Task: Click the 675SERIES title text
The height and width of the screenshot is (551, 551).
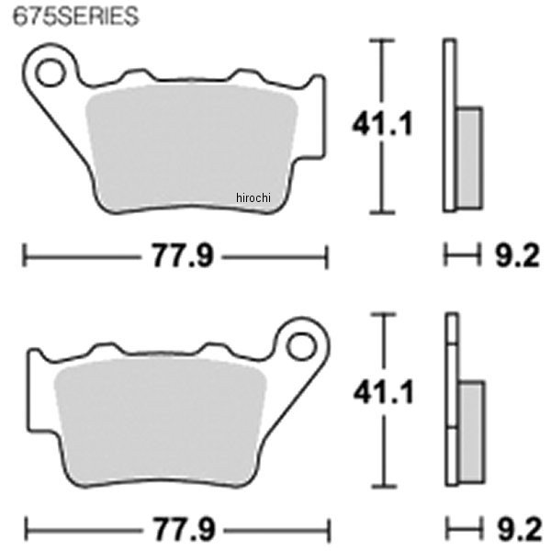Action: [x=75, y=17]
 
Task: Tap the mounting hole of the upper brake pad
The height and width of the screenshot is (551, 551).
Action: [x=51, y=73]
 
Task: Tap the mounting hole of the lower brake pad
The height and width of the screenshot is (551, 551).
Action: [x=301, y=346]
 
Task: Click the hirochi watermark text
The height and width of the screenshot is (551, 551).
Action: [x=253, y=197]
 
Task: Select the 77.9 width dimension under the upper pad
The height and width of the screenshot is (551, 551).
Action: [x=183, y=256]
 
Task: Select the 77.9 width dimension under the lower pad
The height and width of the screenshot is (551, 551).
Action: [x=184, y=529]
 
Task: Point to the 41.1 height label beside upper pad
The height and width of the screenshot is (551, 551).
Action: [x=382, y=124]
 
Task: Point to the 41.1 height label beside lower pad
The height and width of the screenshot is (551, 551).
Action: [x=384, y=391]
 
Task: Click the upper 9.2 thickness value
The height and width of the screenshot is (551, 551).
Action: [x=517, y=256]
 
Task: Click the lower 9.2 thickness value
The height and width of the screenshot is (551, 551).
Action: [x=520, y=529]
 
